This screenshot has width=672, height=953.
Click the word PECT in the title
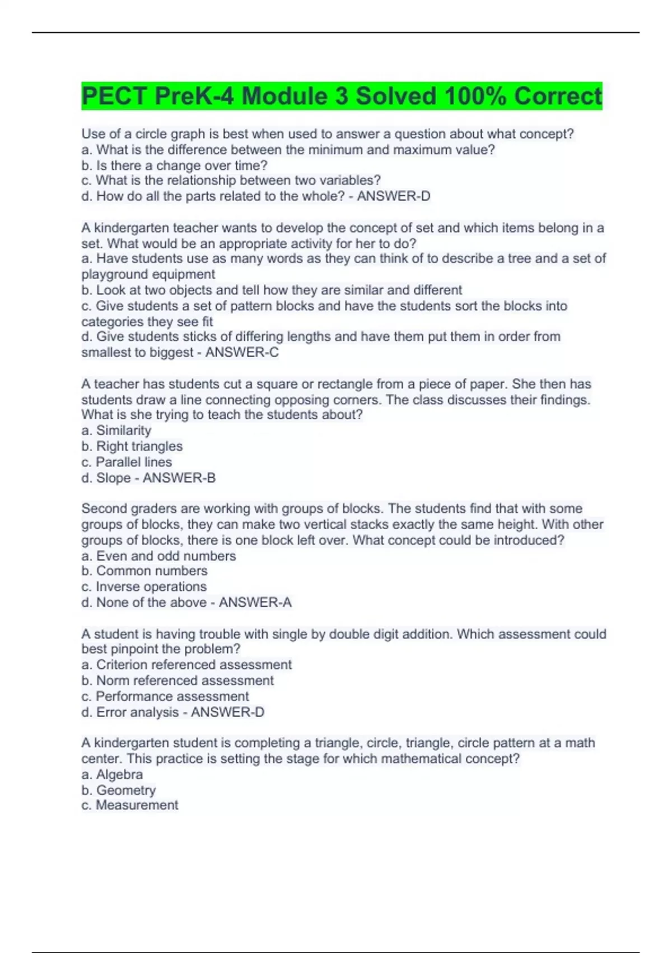pos(115,96)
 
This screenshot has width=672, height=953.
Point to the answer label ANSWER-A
pos(255,603)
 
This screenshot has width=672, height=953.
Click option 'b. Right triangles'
pos(132,446)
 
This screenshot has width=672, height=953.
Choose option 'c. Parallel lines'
pos(127,462)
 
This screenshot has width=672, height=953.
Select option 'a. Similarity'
pos(116,431)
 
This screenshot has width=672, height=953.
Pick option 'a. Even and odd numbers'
pos(158,556)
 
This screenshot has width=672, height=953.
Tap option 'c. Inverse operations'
pos(144,587)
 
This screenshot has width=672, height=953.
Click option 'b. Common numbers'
pos(144,571)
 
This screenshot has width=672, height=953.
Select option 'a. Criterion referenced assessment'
pos(186,665)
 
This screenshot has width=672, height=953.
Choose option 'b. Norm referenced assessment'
pos(178,681)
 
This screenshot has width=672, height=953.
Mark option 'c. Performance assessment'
pos(165,696)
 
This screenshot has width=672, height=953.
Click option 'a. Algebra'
pos(112,775)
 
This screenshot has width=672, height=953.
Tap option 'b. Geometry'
pos(119,790)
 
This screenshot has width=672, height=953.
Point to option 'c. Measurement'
pos(130,806)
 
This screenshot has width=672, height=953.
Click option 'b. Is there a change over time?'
pos(174,166)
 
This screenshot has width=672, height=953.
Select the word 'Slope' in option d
pos(114,478)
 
